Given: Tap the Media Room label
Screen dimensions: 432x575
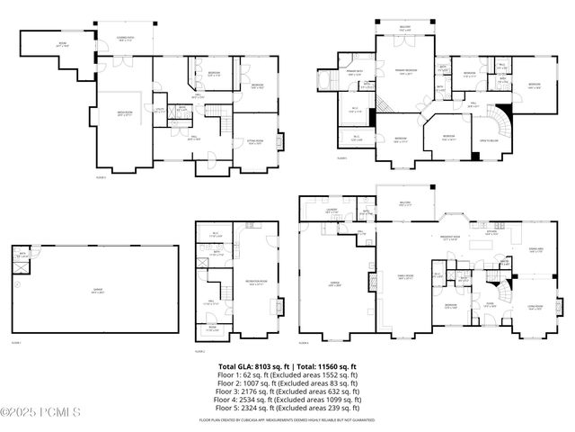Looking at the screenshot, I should [x=126, y=114].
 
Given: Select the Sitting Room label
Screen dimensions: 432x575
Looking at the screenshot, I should [x=254, y=141].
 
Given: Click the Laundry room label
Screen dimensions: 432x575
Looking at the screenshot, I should [x=332, y=211].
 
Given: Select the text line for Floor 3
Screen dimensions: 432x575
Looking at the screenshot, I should [x=287, y=385].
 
